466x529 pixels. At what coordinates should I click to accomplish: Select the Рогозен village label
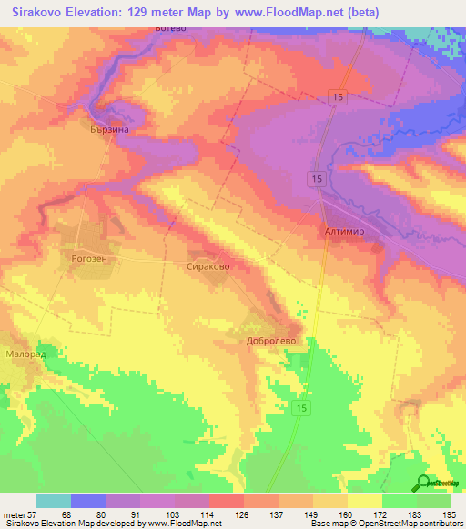[90, 258]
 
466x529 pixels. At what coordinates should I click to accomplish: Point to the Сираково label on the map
[208, 267]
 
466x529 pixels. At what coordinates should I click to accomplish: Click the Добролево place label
[269, 342]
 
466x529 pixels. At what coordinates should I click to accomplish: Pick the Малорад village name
[25, 354]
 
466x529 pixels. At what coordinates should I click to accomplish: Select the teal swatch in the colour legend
[54, 501]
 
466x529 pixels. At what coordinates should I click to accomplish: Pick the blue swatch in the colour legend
[88, 501]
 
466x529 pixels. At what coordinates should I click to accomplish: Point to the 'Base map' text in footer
[325, 524]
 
